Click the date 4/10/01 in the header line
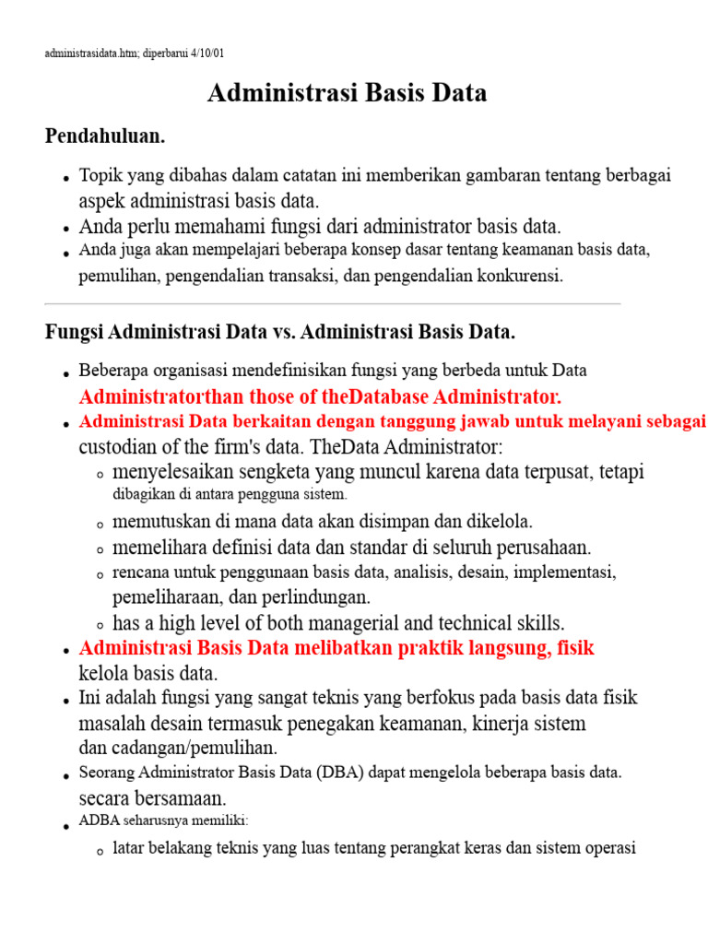[206, 54]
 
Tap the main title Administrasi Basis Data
[347, 93]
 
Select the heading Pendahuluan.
[105, 137]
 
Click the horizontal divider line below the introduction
[332, 303]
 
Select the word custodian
[121, 447]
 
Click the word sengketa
[245, 472]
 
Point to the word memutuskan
[159, 522]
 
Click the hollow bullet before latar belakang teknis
[99, 852]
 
